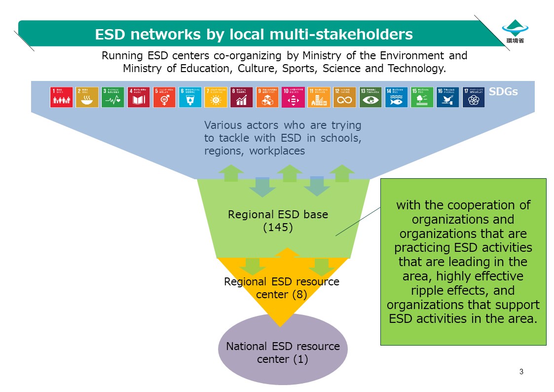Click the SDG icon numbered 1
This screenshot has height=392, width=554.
point(61,97)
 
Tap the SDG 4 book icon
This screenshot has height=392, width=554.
point(139,97)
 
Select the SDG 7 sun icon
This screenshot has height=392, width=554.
point(216,97)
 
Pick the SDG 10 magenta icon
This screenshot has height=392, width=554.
point(293,97)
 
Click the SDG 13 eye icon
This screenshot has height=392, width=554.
point(370,97)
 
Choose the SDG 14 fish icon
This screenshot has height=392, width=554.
point(396,97)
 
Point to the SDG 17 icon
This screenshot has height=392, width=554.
point(474,97)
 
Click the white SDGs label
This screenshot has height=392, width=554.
point(503,92)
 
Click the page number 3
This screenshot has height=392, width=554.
point(521,371)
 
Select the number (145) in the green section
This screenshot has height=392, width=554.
point(278,228)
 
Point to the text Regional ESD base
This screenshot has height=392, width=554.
point(278,215)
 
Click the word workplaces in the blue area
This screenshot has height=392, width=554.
point(277,151)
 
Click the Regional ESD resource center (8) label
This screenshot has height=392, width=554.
point(282,288)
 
